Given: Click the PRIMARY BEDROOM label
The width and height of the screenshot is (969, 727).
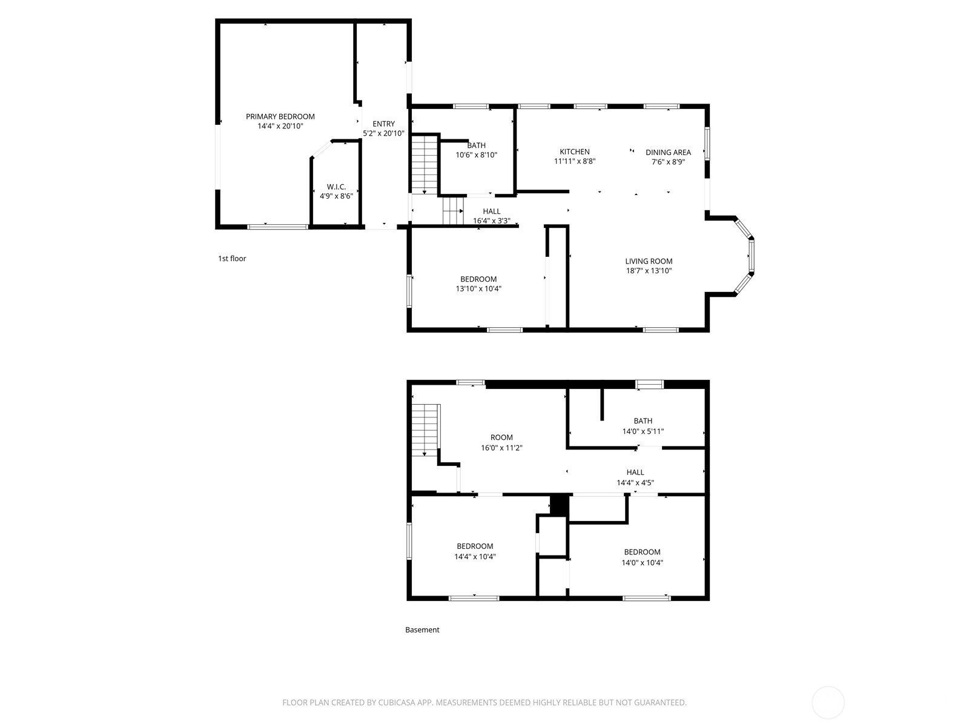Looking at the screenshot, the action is (x=280, y=116).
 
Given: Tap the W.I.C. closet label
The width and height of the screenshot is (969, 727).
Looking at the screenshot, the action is (x=336, y=187).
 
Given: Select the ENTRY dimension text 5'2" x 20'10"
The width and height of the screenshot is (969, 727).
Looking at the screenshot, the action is (x=383, y=133).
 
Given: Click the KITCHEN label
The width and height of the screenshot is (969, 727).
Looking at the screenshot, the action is (x=574, y=151).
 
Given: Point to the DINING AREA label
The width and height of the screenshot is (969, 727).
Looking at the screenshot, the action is (x=668, y=152).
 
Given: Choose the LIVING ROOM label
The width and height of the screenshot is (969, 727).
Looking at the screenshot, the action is (x=649, y=261).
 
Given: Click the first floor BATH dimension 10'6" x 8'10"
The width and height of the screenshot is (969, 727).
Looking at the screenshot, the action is (x=477, y=155).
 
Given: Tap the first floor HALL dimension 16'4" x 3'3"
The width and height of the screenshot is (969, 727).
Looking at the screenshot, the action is (x=491, y=221).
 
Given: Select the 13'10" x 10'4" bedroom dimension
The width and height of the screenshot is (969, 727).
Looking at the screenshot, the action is (x=478, y=289).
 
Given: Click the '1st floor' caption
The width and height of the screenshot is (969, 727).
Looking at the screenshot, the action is (x=232, y=259).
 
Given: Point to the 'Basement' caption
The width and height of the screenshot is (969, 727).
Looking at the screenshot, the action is (x=422, y=630).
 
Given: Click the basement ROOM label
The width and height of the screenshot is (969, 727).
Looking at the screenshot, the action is (x=501, y=437).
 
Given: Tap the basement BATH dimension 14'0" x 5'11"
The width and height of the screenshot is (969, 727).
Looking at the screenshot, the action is (x=643, y=431).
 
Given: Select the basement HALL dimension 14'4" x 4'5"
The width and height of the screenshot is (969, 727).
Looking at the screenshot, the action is (x=635, y=483).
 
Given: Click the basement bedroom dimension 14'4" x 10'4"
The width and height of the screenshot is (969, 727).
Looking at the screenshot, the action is (x=475, y=557).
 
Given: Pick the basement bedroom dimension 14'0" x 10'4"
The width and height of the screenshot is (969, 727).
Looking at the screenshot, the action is (x=642, y=563).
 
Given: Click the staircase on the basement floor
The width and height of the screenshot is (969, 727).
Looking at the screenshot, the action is (x=425, y=430).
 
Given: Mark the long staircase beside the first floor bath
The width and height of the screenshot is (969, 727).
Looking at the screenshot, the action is (x=425, y=164).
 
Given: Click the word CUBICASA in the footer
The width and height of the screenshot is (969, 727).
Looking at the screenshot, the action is (x=397, y=702).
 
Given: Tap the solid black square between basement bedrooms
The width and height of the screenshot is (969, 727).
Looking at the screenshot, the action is (x=559, y=505).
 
